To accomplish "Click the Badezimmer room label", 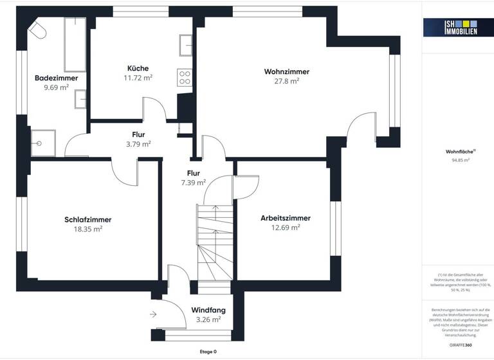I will (57, 78).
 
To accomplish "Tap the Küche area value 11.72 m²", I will (138, 78).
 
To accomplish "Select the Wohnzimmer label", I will (286, 71).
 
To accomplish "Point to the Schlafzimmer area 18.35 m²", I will (88, 228).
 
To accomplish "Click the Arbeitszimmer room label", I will (286, 218).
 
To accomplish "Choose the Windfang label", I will (208, 310).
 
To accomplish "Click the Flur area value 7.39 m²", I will (193, 183).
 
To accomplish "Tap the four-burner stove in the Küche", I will (185, 77).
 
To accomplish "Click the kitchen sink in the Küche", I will (186, 44).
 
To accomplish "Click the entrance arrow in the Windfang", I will (153, 314).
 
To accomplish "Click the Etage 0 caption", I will (208, 352).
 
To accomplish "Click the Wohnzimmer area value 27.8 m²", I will (286, 82).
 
